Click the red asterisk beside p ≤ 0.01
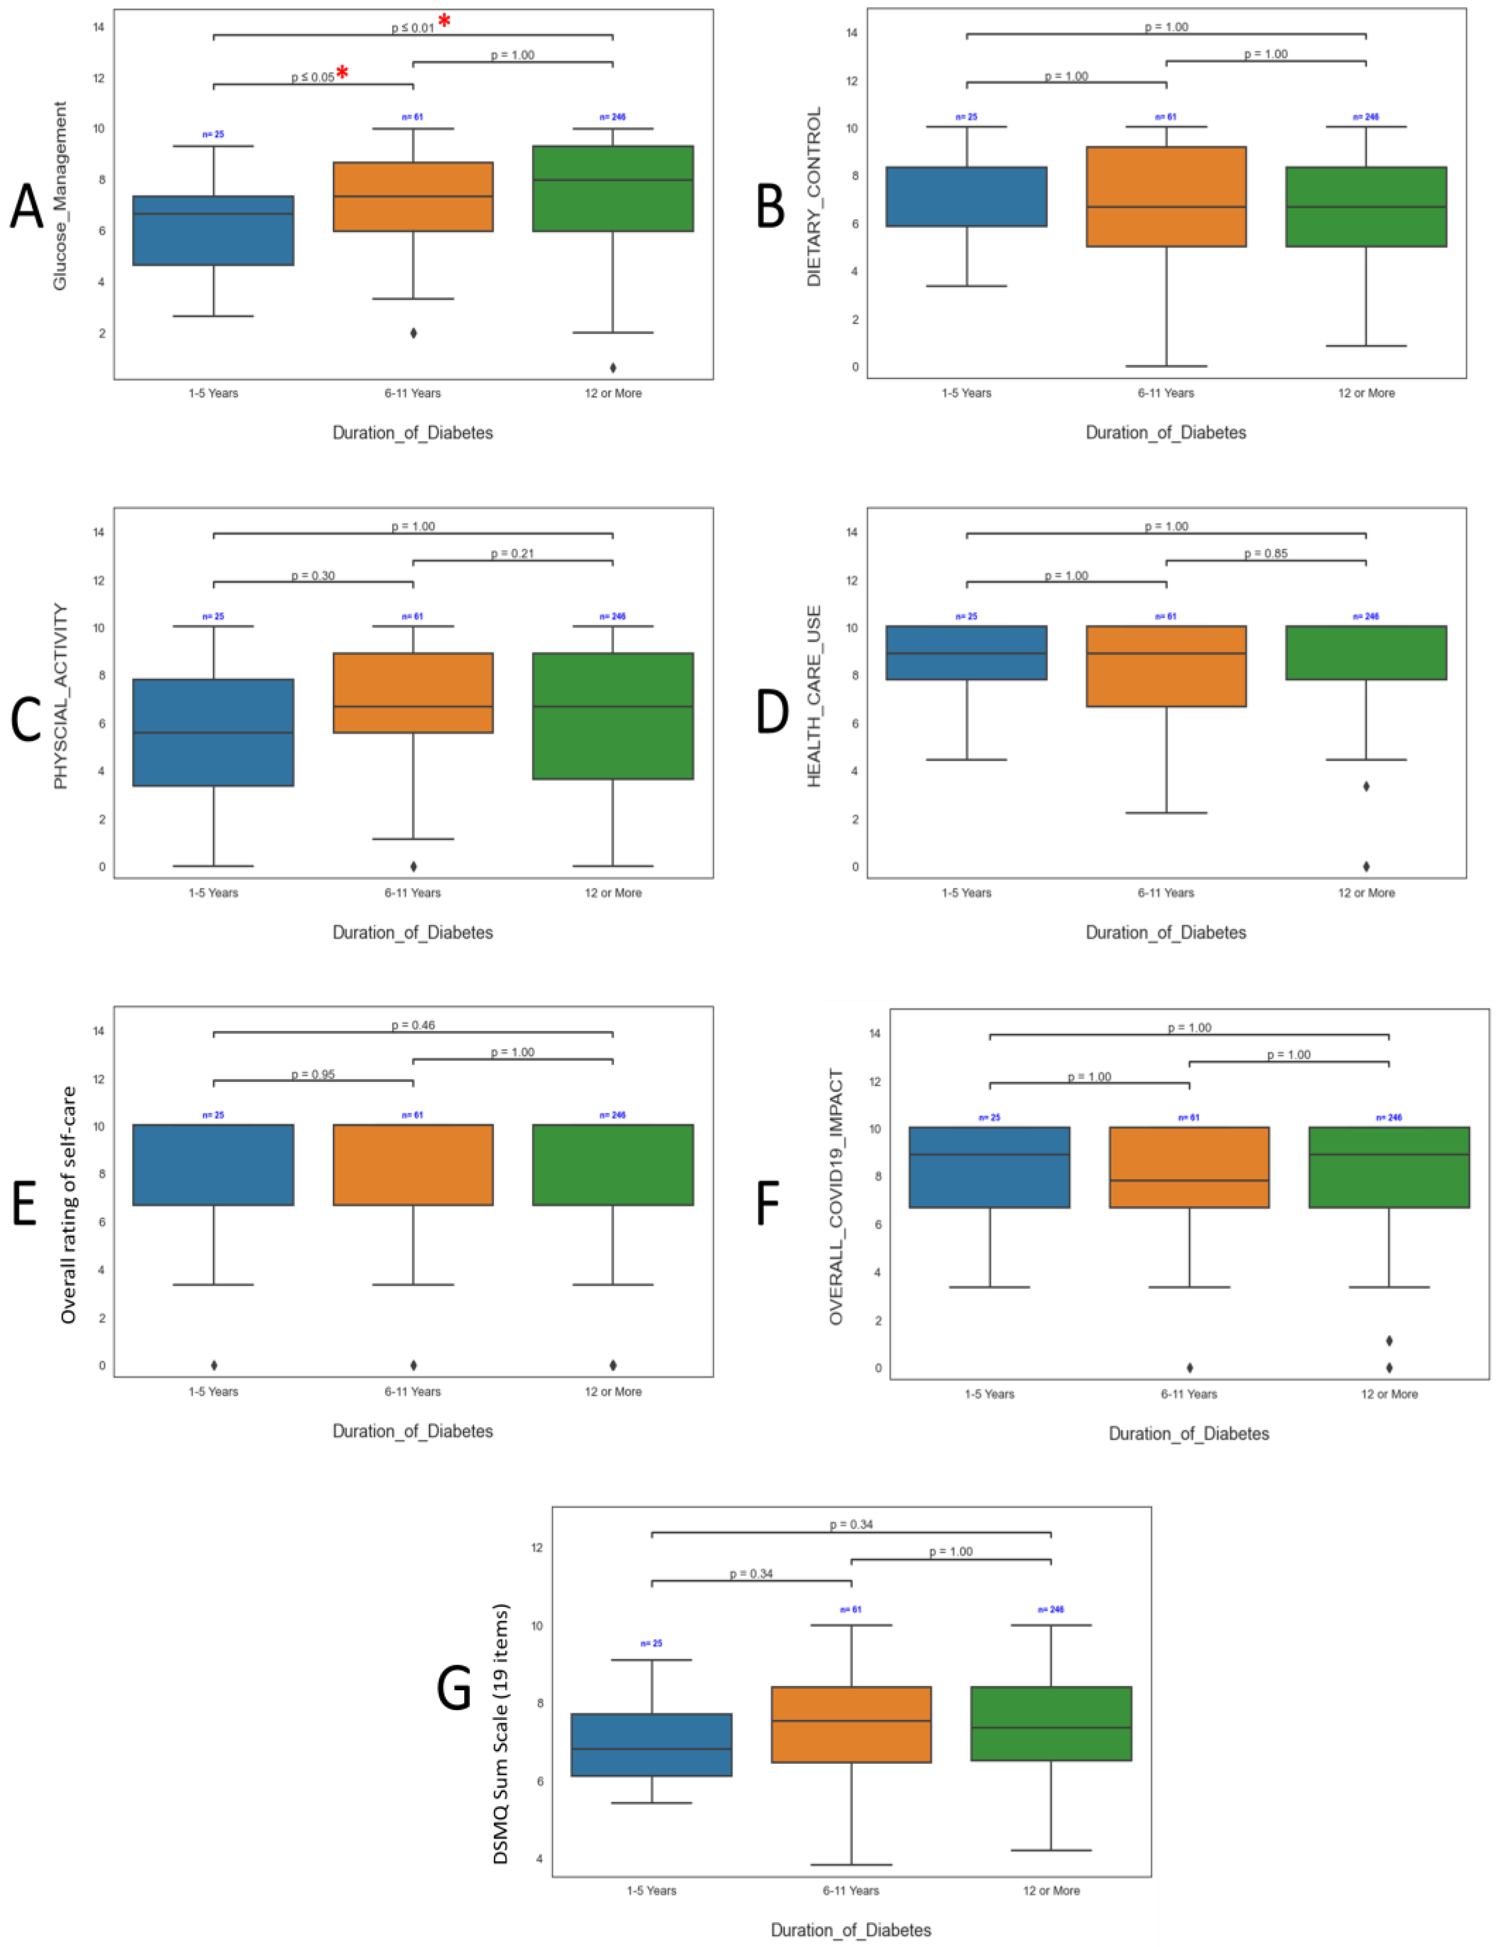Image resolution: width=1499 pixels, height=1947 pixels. [444, 21]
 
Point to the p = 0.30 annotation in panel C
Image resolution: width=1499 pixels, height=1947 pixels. [313, 576]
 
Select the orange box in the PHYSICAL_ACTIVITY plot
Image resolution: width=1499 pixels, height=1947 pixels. [412, 693]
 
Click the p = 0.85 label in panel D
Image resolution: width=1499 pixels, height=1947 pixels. [1265, 553]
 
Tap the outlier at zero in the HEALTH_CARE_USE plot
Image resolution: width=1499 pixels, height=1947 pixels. [1365, 866]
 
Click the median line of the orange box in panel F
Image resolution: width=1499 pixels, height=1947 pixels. [1189, 1180]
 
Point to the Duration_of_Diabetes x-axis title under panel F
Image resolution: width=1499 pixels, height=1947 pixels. [1189, 1434]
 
